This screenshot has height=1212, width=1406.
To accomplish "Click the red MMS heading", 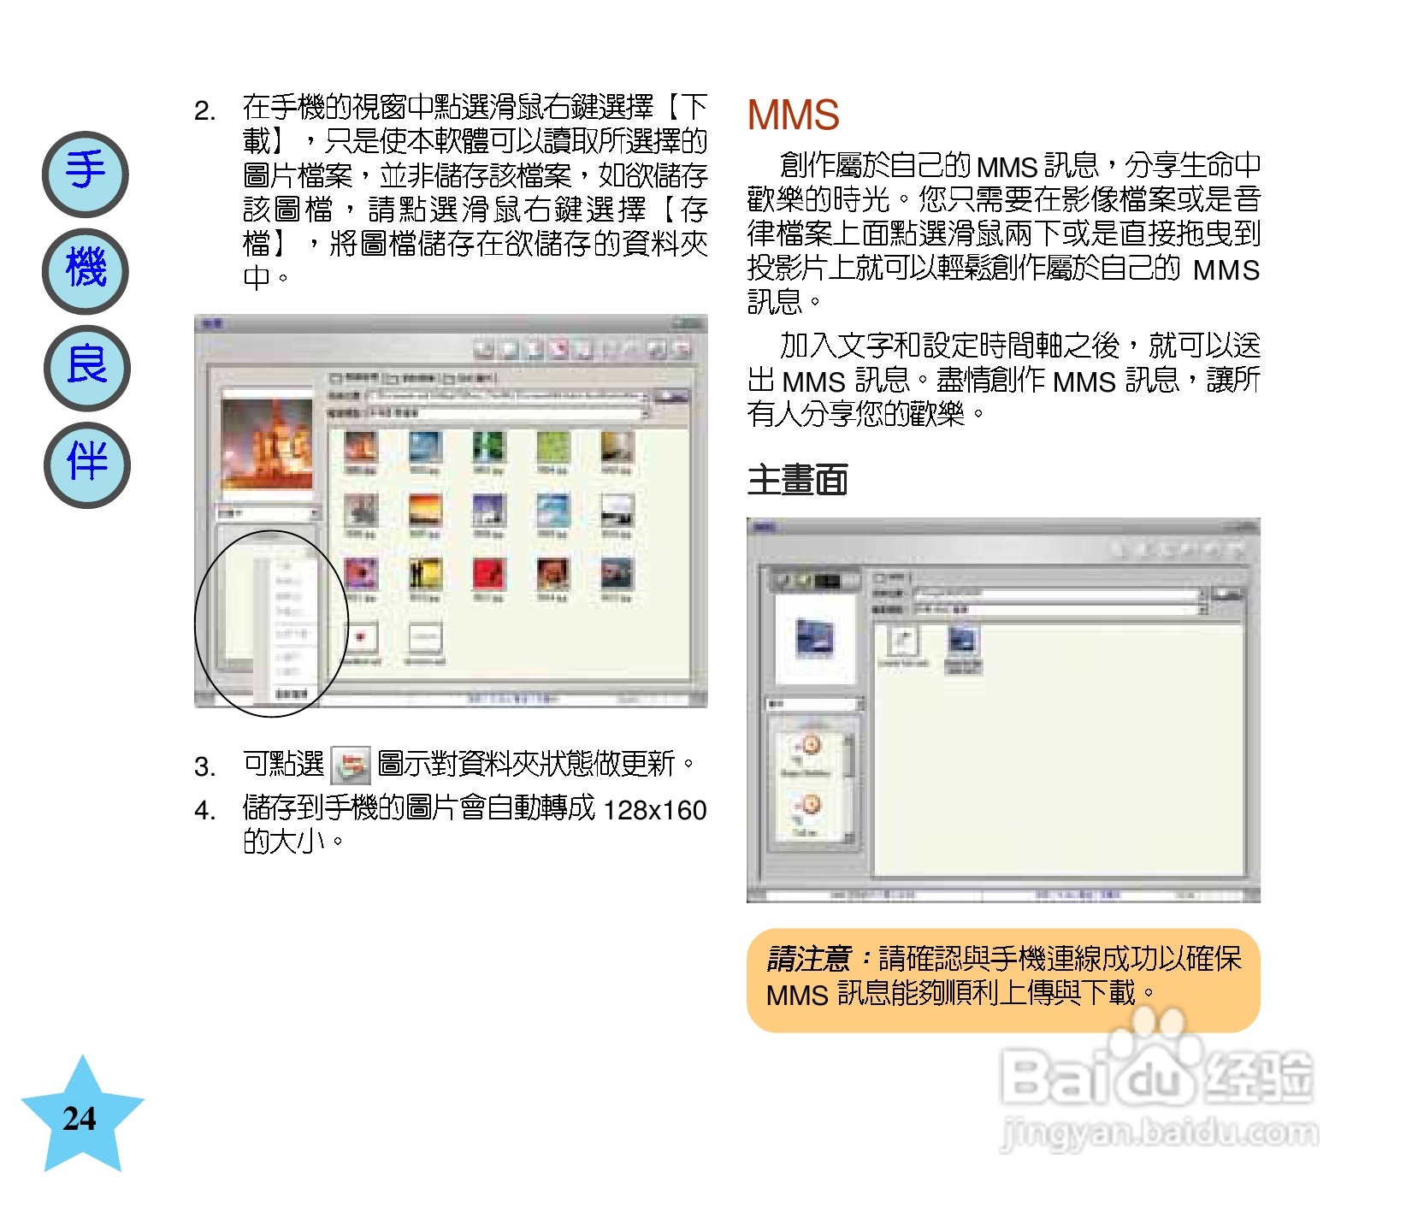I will (x=793, y=115).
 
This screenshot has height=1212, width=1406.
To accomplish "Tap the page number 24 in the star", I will (x=80, y=1118).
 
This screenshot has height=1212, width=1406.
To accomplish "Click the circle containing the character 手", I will (x=86, y=174).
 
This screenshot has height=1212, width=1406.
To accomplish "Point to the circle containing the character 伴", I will (x=86, y=464).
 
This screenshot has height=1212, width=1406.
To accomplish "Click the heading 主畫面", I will (x=797, y=480).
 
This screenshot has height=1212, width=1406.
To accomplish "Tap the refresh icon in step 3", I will (x=351, y=765).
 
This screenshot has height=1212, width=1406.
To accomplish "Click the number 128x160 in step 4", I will (x=654, y=809).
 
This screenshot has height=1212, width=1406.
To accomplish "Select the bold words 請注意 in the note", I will (x=808, y=959).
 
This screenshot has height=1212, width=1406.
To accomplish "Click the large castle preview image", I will (x=267, y=445).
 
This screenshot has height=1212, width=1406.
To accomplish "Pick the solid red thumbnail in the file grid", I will (x=488, y=574).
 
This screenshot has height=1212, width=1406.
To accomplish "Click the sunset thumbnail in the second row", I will (x=425, y=511).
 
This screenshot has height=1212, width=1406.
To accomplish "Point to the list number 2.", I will (x=204, y=111).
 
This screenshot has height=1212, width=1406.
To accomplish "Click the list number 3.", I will (x=204, y=766).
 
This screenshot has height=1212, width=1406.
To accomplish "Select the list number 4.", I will (x=204, y=810).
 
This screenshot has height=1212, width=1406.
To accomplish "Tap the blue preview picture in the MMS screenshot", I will (x=814, y=637).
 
